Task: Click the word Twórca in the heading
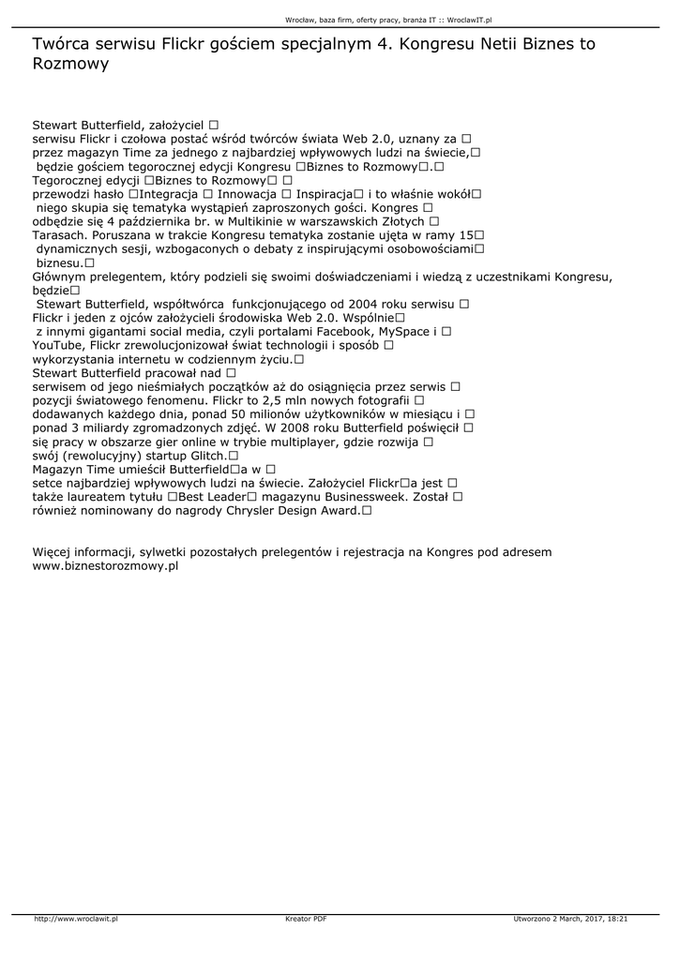click(58, 44)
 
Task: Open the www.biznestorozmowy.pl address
click(105, 566)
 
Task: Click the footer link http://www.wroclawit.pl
click(76, 920)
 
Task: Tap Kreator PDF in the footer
click(306, 920)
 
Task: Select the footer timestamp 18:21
click(617, 920)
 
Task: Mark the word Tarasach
click(64, 234)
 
